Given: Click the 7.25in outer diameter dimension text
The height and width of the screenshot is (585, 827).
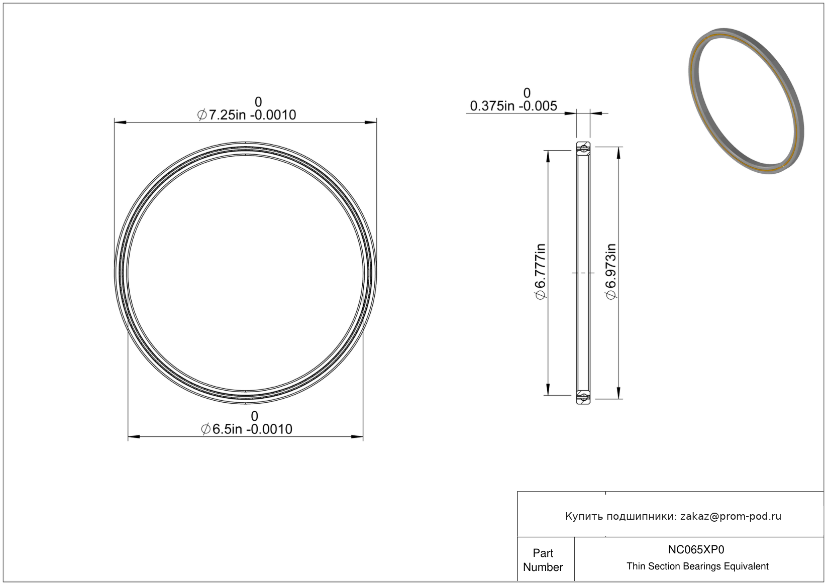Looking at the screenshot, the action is point(247,115).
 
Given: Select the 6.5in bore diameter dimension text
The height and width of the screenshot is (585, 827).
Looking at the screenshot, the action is point(247,429).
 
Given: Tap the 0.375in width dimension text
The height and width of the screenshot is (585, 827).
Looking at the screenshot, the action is point(513,106).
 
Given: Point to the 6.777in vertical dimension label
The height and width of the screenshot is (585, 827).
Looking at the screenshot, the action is point(541,271).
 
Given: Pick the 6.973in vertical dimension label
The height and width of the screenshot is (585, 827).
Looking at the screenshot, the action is point(611,271).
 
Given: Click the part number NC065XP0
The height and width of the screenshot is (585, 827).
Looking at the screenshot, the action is point(696,549).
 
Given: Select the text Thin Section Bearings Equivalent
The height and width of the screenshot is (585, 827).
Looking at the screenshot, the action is point(697,566).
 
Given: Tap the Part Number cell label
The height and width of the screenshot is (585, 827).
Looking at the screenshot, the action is point(543,560).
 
